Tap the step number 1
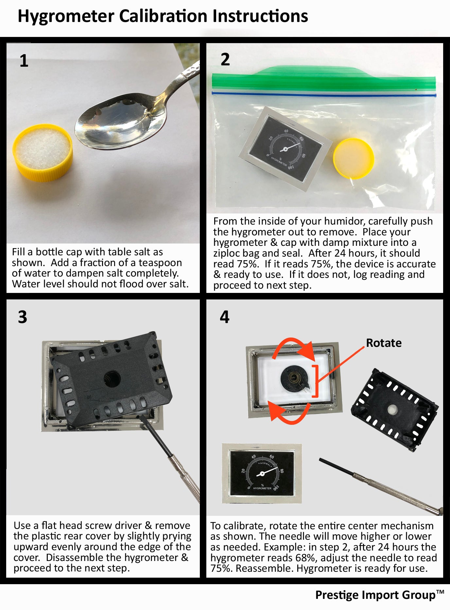point(24,61)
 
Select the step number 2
point(225,59)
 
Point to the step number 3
point(23,317)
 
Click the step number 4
point(225,317)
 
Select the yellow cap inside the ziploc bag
point(354,159)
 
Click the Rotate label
point(384,343)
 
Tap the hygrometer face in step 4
point(262,473)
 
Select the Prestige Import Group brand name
point(375,595)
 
